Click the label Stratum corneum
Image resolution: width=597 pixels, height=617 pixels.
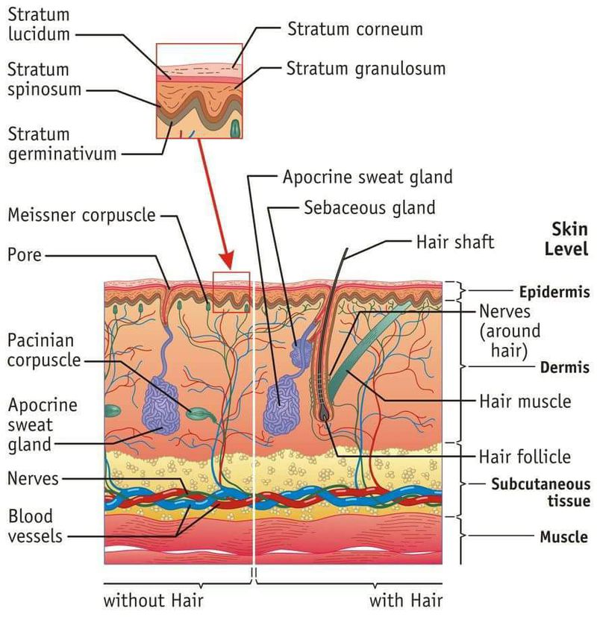coord(354,30)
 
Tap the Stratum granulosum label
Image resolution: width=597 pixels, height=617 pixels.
coord(366,69)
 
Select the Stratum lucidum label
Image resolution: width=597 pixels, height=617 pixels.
coord(39,25)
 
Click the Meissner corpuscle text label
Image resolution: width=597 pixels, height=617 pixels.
coord(81,216)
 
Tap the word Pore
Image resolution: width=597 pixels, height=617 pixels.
coord(24,255)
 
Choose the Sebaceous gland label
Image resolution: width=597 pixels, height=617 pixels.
coord(369,207)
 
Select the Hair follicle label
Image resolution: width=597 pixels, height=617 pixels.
coord(524,457)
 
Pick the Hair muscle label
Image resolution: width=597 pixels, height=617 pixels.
coord(524,401)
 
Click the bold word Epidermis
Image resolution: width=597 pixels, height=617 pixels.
coord(553,292)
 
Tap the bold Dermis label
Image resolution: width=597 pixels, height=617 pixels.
coord(565,367)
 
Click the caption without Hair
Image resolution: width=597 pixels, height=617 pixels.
coord(153,600)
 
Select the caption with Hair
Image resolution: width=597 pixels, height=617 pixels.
coord(406,600)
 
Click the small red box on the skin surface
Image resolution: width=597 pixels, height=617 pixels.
coord(231,292)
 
